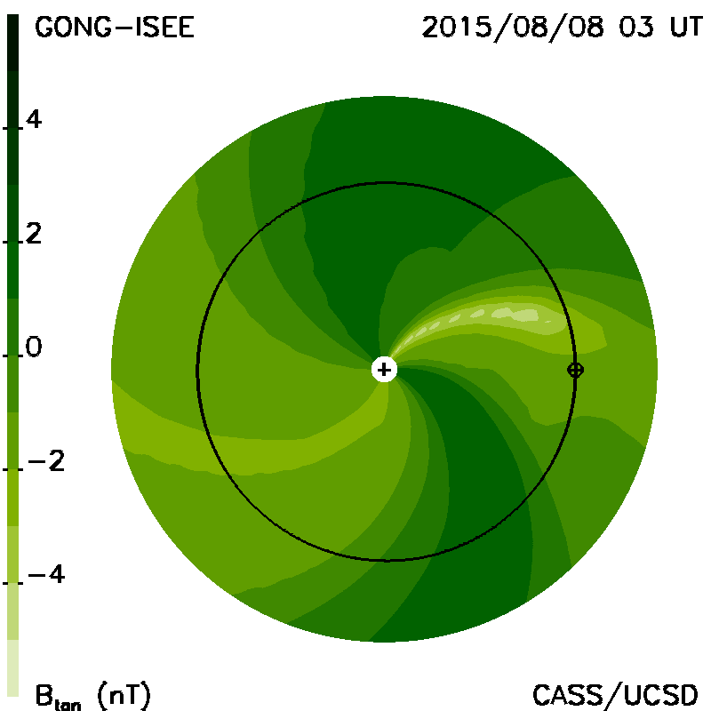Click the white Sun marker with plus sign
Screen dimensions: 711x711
[x=384, y=370]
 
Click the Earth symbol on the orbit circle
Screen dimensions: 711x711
[x=575, y=370]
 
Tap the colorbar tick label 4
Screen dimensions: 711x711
[x=34, y=120]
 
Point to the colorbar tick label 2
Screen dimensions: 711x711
[x=34, y=234]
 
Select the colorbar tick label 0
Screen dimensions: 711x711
[x=34, y=348]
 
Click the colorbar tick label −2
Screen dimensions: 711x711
[x=46, y=461]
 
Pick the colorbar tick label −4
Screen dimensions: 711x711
[x=46, y=574]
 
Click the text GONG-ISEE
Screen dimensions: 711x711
[x=115, y=28]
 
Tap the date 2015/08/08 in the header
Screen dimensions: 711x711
[x=513, y=28]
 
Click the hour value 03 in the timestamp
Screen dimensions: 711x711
[x=636, y=28]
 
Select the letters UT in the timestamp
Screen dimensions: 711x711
[x=686, y=28]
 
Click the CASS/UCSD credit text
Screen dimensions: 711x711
[x=615, y=695]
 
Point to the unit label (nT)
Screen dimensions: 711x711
[x=124, y=695]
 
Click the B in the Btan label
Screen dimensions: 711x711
[x=44, y=695]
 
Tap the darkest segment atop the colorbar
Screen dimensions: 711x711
[x=13, y=43]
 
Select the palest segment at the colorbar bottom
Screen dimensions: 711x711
[x=13, y=667]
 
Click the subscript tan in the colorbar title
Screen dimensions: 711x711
[x=68, y=705]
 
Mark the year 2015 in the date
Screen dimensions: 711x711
[x=457, y=28]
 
